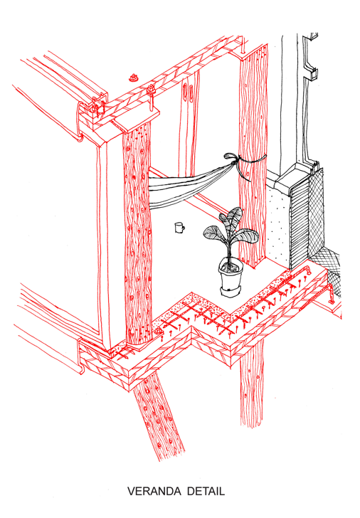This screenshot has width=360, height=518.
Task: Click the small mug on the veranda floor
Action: (x=179, y=228)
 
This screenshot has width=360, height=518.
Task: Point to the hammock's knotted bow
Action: (x=231, y=158)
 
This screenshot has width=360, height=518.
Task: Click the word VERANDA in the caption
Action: (x=155, y=491)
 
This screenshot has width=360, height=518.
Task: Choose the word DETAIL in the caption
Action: (x=206, y=491)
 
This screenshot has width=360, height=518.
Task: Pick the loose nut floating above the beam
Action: (x=134, y=78)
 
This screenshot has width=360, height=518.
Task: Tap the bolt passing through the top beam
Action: (x=152, y=97)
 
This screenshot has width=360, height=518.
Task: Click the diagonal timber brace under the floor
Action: (x=159, y=416)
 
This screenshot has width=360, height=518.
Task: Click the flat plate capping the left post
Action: (x=135, y=120)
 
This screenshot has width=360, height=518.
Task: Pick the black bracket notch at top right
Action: (x=312, y=73)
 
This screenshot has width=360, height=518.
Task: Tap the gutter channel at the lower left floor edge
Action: (x=80, y=356)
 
